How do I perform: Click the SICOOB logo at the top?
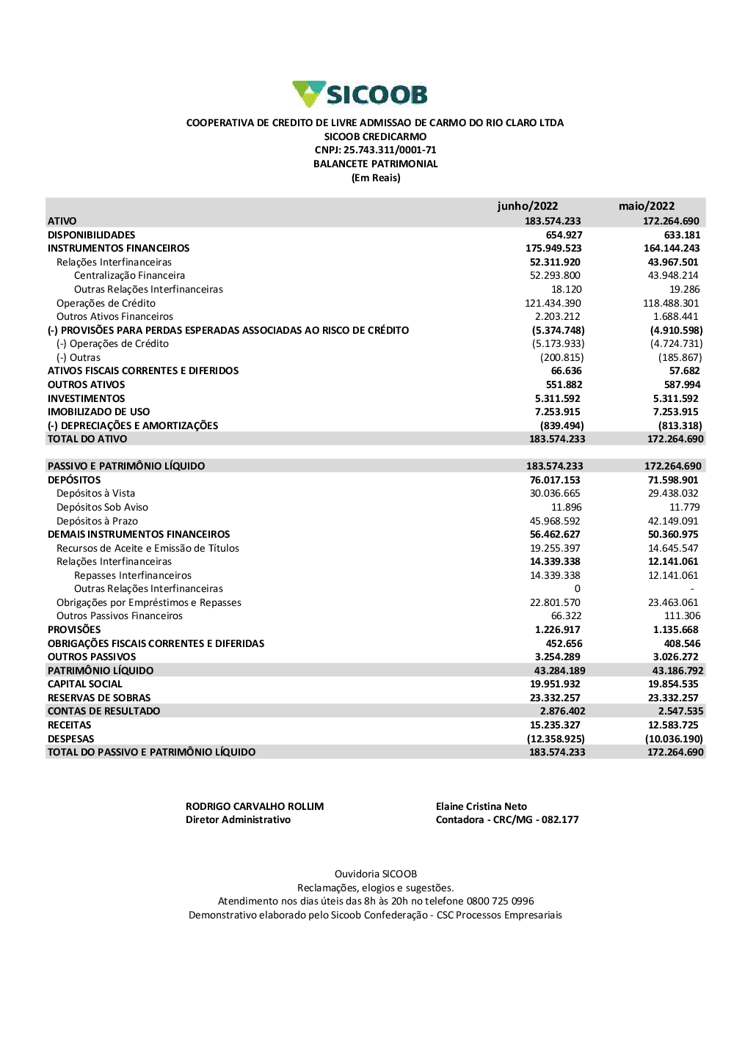click(x=360, y=94)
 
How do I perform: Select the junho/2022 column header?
click(x=527, y=206)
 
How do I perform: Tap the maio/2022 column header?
click(x=646, y=206)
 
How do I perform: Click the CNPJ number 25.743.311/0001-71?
click(x=390, y=150)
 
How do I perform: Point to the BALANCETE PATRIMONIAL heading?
click(x=375, y=164)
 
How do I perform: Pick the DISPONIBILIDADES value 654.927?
click(x=564, y=235)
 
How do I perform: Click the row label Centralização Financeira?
click(x=129, y=276)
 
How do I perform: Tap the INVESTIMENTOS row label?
click(x=86, y=399)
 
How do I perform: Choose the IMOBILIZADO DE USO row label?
click(x=98, y=412)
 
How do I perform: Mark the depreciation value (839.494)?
click(x=562, y=426)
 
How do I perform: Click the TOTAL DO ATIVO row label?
click(x=87, y=439)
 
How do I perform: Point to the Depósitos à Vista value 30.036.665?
click(x=555, y=494)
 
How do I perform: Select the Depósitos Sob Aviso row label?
click(x=102, y=508)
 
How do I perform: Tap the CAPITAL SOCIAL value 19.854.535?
click(x=673, y=684)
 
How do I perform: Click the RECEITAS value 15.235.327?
click(x=555, y=725)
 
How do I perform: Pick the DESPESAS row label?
click(x=70, y=739)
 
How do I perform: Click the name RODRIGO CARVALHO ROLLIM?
click(x=255, y=807)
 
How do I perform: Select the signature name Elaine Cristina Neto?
click(x=481, y=807)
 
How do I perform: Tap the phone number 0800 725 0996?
click(x=500, y=902)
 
